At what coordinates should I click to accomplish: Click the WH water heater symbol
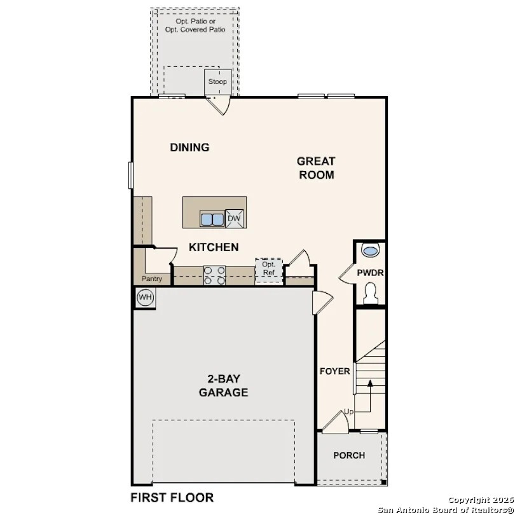145,297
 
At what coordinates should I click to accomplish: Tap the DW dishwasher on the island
234,219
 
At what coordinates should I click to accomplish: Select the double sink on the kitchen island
212,219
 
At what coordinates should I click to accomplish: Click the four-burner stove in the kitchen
214,275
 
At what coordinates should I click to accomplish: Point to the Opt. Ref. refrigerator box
268,270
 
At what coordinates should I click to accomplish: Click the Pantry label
151,278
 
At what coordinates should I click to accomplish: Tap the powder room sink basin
370,250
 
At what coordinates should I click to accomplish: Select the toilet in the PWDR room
370,292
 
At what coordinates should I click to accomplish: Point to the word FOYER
334,371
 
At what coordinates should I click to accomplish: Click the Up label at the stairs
348,412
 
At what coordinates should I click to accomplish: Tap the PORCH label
349,455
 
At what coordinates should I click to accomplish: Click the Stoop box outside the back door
217,82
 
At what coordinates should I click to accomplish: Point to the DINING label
189,148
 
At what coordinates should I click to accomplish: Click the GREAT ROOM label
316,168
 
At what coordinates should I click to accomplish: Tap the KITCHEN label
213,247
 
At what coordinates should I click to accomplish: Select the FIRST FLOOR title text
172,497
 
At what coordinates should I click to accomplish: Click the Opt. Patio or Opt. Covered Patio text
195,25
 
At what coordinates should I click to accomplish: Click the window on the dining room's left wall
131,175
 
